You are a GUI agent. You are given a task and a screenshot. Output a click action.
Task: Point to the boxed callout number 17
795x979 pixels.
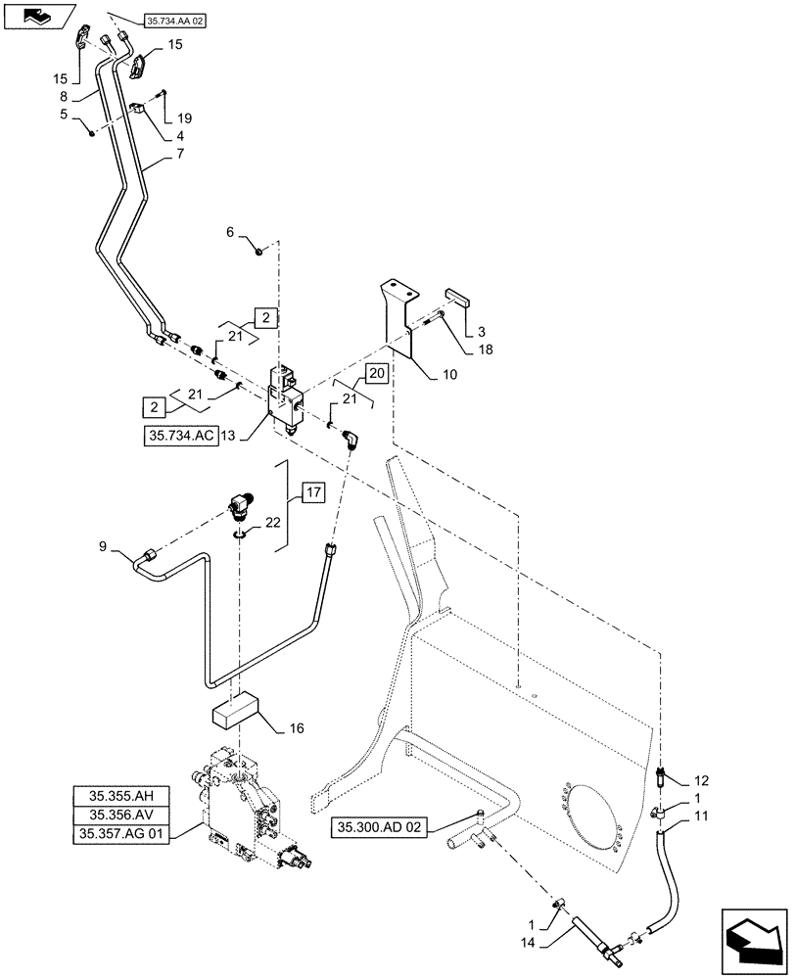pos(310,492)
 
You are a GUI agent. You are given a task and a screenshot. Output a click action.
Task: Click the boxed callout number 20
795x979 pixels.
pos(376,373)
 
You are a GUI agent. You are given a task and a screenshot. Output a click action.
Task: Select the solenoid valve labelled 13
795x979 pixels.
pos(286,396)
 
